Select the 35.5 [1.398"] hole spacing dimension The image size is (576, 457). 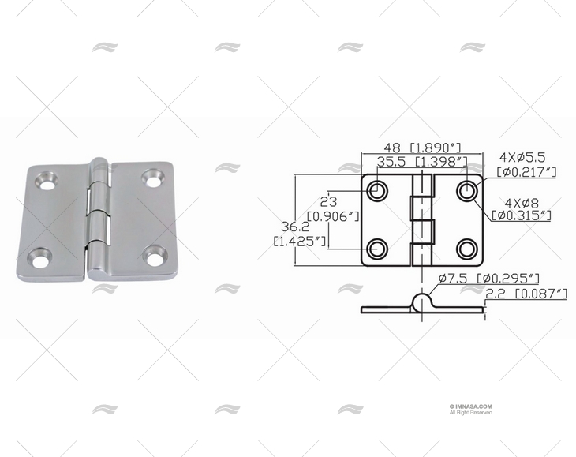pyautogui.click(x=422, y=162)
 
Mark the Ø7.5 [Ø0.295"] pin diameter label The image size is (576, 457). pyautogui.click(x=490, y=278)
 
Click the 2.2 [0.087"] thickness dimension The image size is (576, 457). pyautogui.click(x=528, y=294)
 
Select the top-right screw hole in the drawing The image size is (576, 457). pyautogui.click(x=468, y=190)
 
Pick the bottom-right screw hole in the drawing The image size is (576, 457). pyautogui.click(x=468, y=248)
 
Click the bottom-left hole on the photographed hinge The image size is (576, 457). pyautogui.click(x=39, y=256)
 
